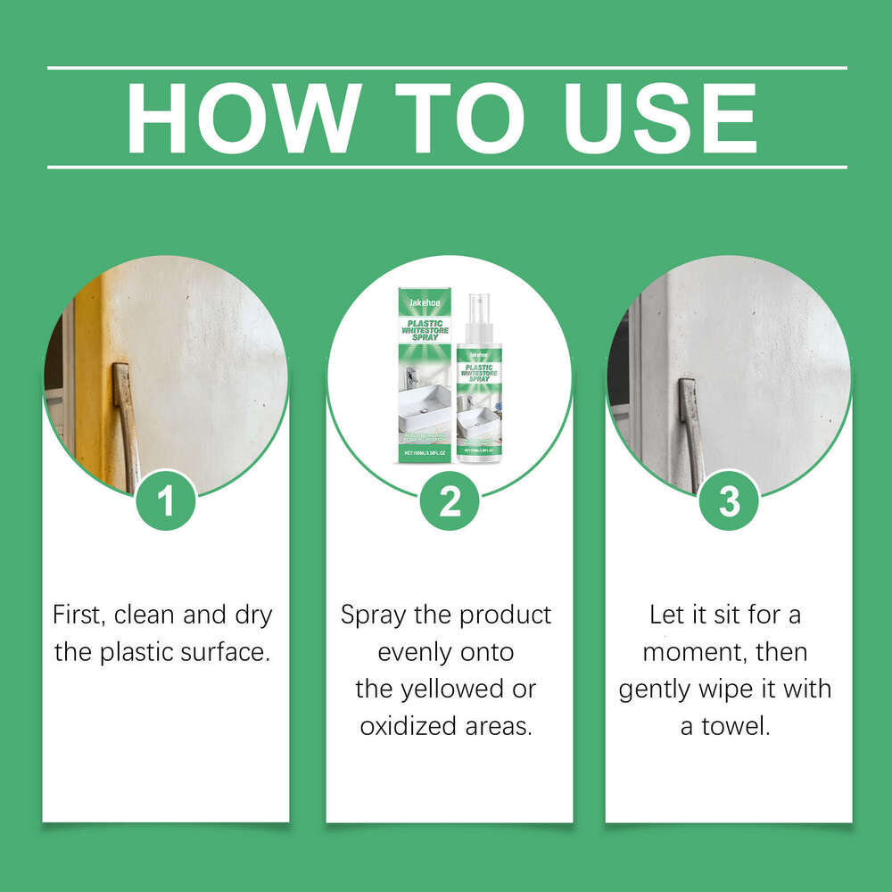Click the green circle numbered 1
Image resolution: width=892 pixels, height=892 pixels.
[165, 500]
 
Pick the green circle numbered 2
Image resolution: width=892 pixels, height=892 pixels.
[450, 500]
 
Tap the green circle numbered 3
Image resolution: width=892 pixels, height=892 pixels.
[730, 500]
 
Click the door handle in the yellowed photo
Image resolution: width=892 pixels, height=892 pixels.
[126, 419]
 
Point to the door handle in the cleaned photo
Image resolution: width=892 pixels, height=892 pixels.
[690, 428]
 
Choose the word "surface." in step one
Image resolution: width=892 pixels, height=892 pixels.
[227, 652]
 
